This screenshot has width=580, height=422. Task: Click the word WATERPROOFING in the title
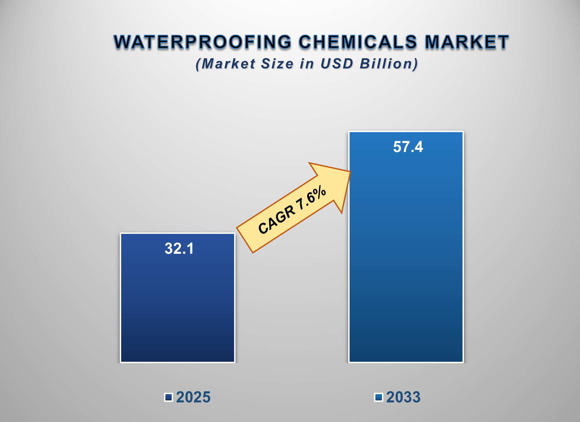click(202, 42)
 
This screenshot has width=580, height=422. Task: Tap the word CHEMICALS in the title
click(358, 42)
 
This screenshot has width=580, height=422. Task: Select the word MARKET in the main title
click(466, 42)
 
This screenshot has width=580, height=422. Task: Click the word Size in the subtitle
click(277, 64)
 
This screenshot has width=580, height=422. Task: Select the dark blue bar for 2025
click(178, 307)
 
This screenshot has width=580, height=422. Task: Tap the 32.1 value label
click(179, 248)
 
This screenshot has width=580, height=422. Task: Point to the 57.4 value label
click(408, 147)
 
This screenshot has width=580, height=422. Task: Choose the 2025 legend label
click(193, 397)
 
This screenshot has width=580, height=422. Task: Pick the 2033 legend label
click(403, 397)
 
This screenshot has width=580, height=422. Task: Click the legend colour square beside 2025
click(169, 397)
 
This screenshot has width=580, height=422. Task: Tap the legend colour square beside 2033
click(379, 397)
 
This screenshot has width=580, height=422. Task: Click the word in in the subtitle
click(307, 64)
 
